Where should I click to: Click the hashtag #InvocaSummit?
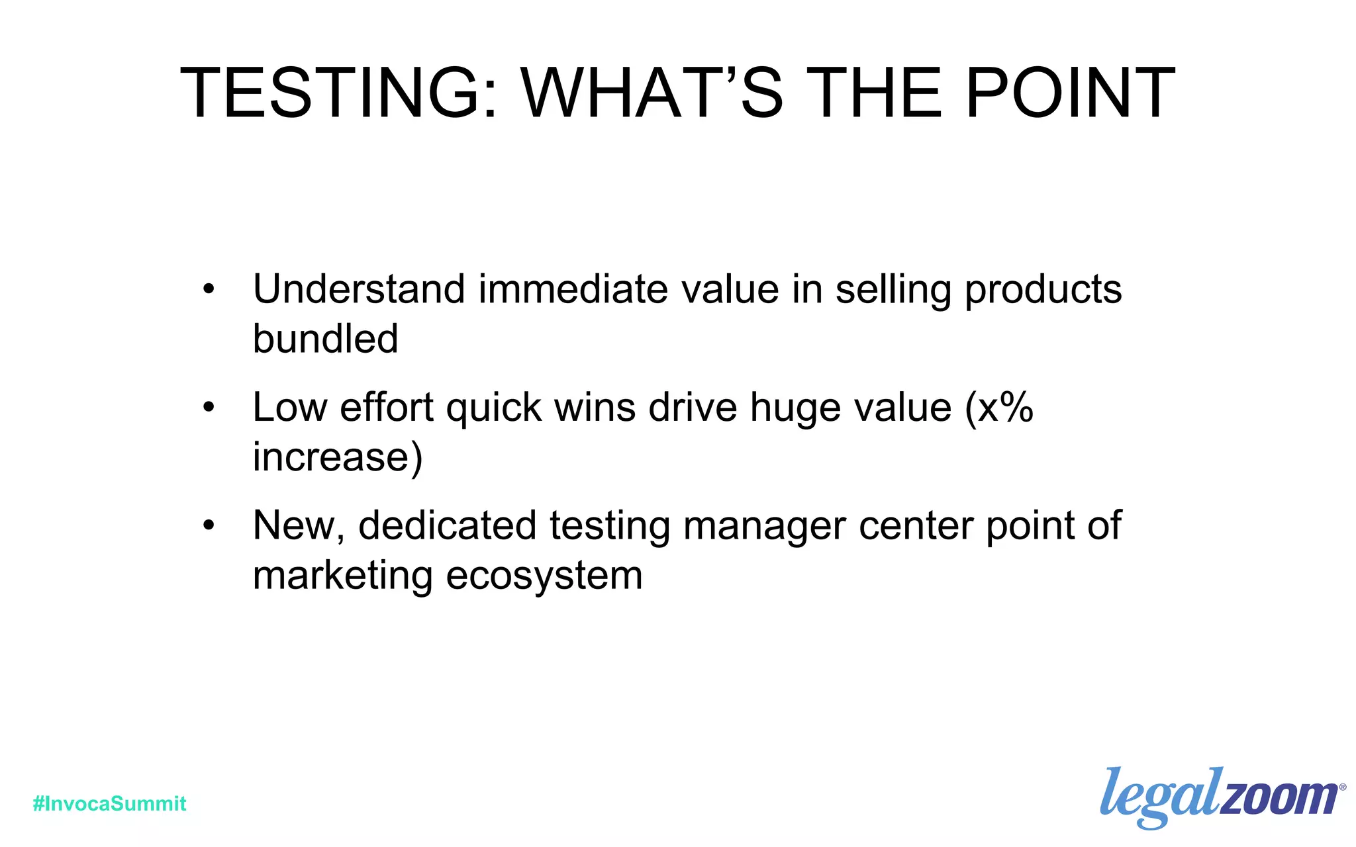pyautogui.click(x=110, y=803)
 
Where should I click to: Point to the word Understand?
pyautogui.click(x=359, y=289)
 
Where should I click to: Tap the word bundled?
pyautogui.click(x=325, y=339)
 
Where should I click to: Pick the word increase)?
pyautogui.click(x=338, y=457)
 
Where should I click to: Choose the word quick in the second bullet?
pyautogui.click(x=493, y=408)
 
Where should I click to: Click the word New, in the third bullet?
pyautogui.click(x=299, y=527)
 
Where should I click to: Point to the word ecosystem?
pyautogui.click(x=544, y=576)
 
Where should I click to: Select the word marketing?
pyautogui.click(x=343, y=576)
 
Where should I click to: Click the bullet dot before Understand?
pyautogui.click(x=209, y=289)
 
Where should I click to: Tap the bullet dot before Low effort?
pyautogui.click(x=209, y=407)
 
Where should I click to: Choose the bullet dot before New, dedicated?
pyautogui.click(x=209, y=525)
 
